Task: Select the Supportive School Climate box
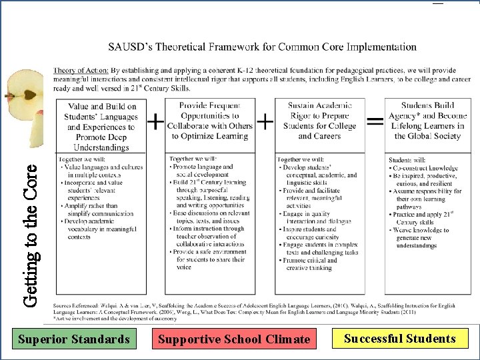[x=233, y=339]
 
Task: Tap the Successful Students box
[x=399, y=338]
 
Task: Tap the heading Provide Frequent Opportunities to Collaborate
[x=209, y=121]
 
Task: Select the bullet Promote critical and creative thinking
[x=318, y=264]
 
